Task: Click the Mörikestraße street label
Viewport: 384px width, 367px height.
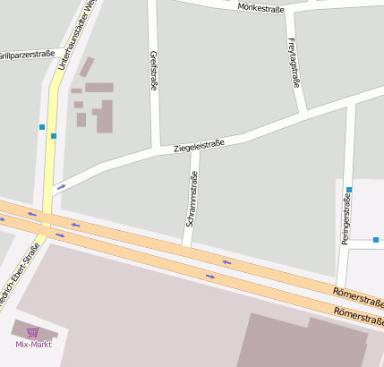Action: tap(261, 8)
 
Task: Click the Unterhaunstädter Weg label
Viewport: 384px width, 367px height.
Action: tap(75, 34)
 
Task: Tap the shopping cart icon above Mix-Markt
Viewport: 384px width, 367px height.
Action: tap(33, 332)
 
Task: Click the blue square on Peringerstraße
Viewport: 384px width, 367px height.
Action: tap(349, 190)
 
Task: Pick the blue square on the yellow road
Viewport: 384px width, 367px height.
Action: tap(54, 136)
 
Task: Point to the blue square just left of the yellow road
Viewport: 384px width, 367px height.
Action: tap(42, 127)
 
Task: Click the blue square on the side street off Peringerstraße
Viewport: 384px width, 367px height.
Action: tap(376, 240)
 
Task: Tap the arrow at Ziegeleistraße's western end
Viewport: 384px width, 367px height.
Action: tap(61, 187)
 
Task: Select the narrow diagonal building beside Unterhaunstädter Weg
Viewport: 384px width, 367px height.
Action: tap(87, 67)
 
